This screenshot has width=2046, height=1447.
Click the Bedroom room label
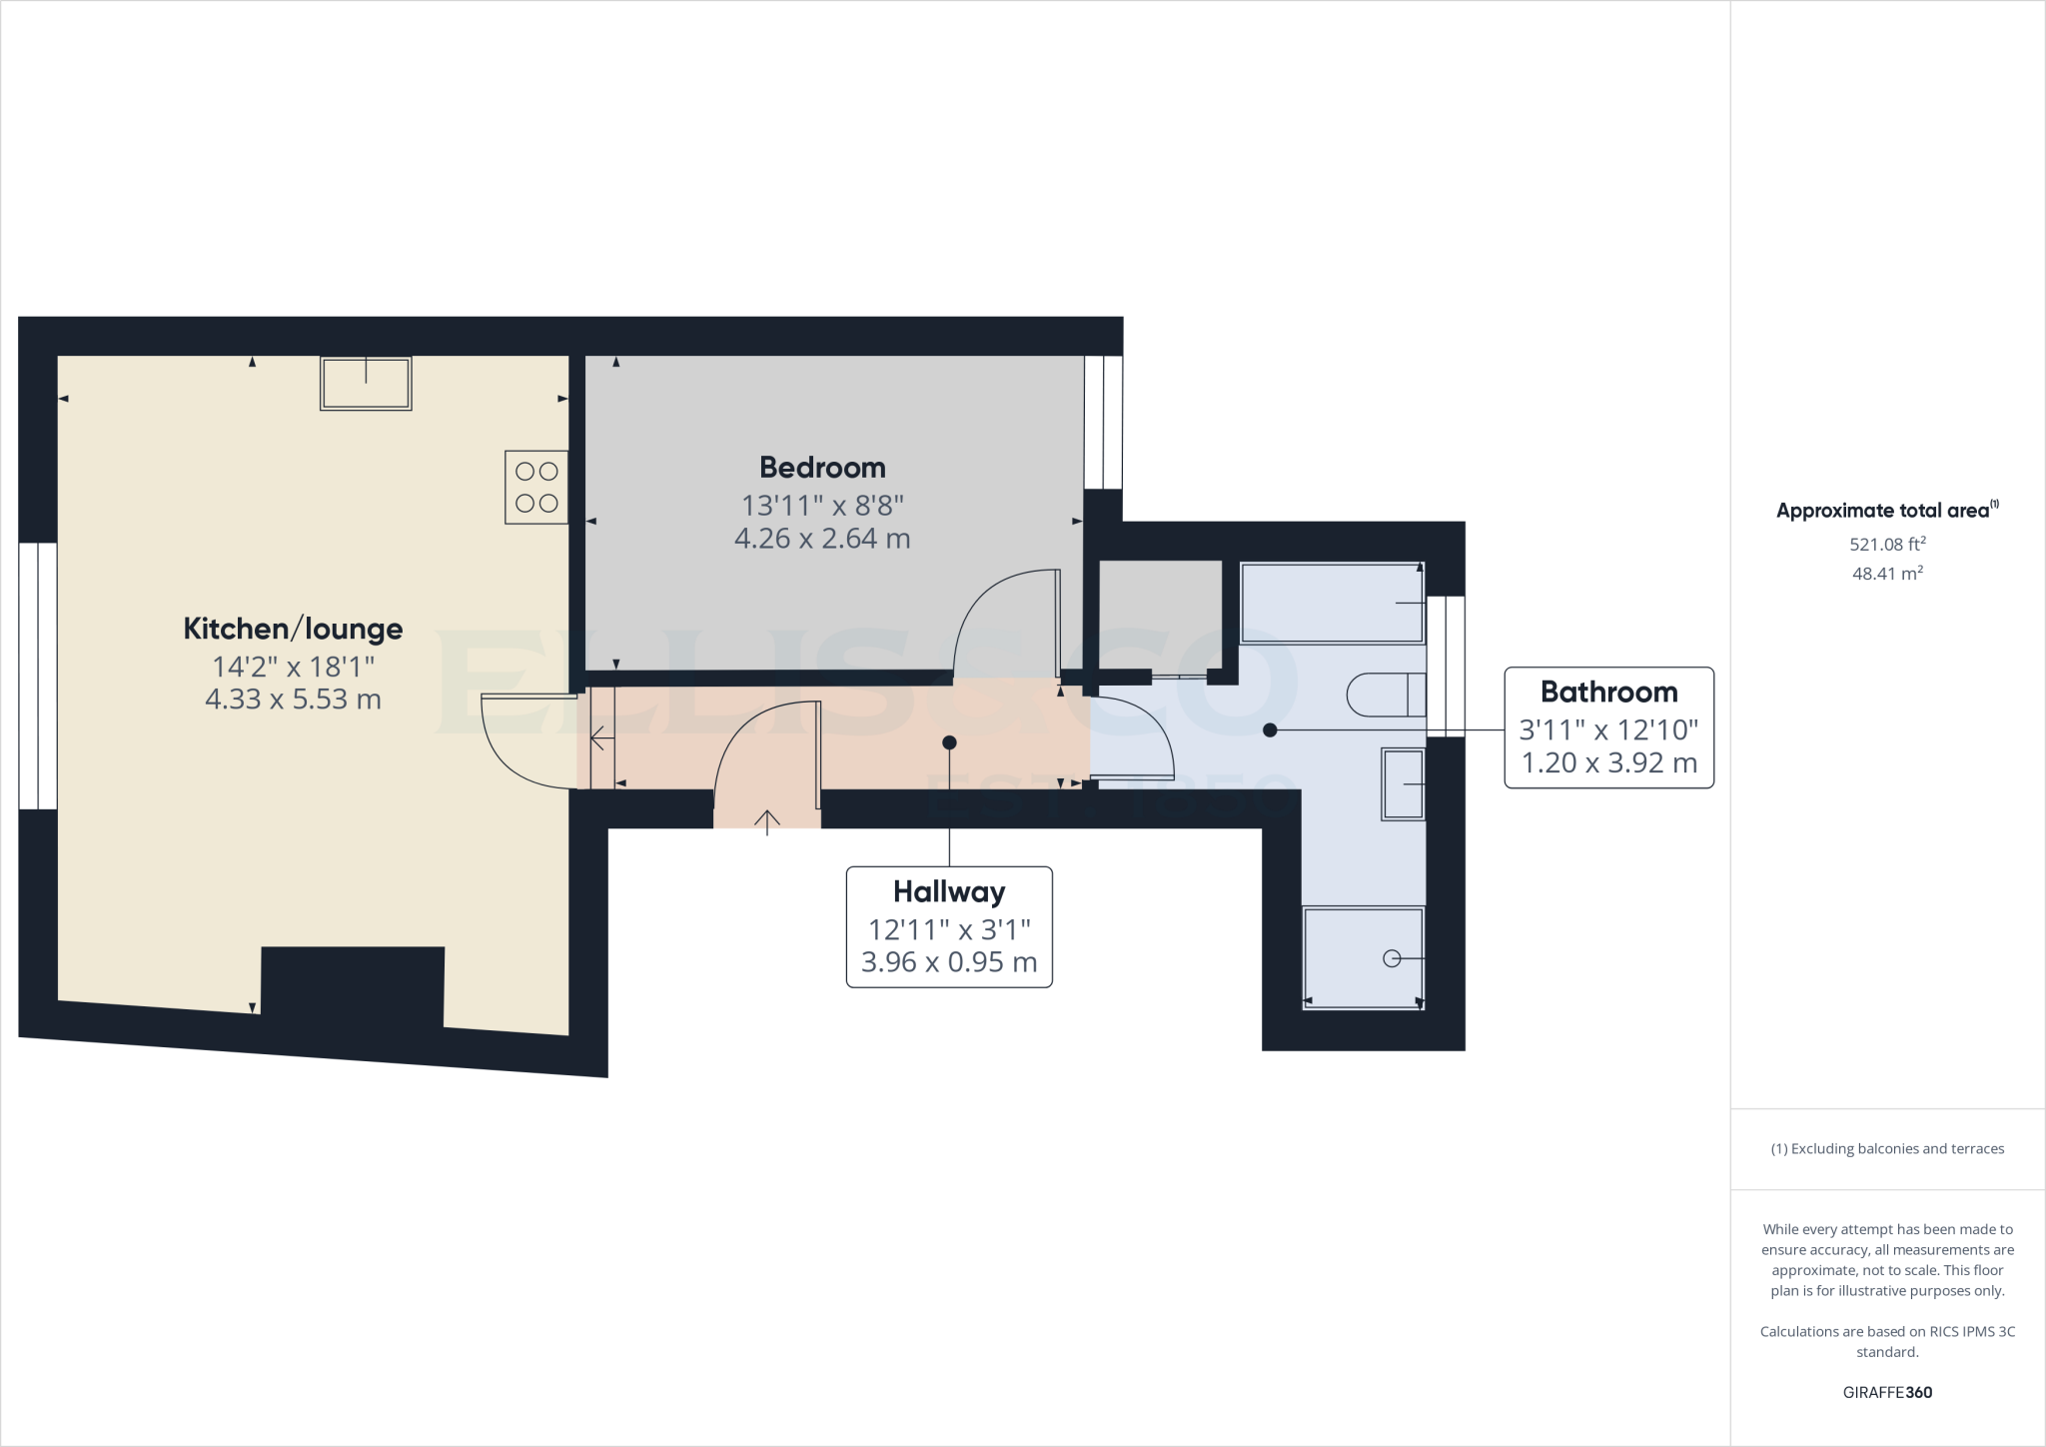click(x=822, y=467)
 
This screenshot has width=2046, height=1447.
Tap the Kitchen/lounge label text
click(x=293, y=629)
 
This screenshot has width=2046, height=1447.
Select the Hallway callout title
click(x=948, y=891)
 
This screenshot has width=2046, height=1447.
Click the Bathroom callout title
click(x=1608, y=692)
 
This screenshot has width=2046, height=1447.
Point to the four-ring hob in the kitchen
click(x=536, y=487)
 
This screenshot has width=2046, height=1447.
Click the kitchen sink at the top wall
click(x=366, y=384)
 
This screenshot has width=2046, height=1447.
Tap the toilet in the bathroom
click(x=1386, y=695)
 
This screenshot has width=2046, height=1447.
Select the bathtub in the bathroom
click(x=1332, y=603)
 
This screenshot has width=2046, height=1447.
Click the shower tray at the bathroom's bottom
click(x=1363, y=958)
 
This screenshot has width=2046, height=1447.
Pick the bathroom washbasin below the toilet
click(x=1403, y=784)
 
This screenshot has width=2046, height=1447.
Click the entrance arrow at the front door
click(x=766, y=821)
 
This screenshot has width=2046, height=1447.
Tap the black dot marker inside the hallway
click(x=949, y=742)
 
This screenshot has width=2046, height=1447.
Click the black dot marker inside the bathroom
click(x=1270, y=730)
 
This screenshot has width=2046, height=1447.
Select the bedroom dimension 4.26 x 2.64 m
click(x=822, y=539)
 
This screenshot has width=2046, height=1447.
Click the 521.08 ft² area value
click(x=1887, y=545)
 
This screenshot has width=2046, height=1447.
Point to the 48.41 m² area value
click(x=1887, y=574)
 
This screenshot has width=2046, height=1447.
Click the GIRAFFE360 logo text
click(x=1887, y=1392)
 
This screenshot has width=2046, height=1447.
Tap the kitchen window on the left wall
click(x=38, y=676)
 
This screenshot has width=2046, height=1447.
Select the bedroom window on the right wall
click(x=1104, y=422)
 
